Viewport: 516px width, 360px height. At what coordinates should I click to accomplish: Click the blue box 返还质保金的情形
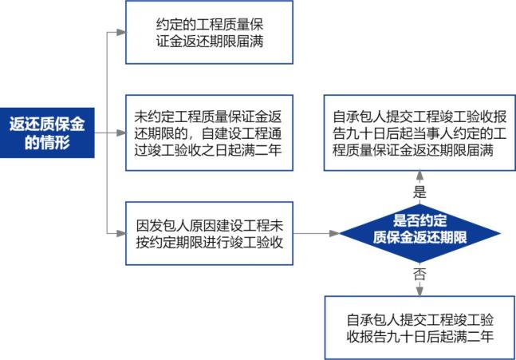click(47, 132)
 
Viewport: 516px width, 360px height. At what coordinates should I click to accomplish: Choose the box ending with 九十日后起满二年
click(419, 327)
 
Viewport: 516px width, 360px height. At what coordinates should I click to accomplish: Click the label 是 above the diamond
click(419, 192)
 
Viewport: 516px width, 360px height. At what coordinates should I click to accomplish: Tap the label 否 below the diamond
click(419, 273)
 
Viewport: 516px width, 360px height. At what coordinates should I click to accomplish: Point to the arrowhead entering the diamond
click(335, 232)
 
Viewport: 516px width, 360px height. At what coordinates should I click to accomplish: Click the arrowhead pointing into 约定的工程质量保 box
click(120, 33)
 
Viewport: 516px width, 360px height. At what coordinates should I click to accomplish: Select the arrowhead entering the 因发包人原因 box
click(120, 232)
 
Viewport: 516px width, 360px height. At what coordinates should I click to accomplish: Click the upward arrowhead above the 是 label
click(419, 176)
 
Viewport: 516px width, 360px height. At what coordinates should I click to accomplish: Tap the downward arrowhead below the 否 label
click(419, 291)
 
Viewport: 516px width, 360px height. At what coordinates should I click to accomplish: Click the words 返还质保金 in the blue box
click(47, 123)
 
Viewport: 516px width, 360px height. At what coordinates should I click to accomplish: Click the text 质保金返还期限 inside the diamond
click(419, 239)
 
